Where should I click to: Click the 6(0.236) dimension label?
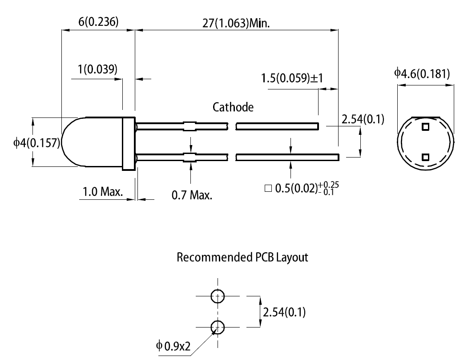[98, 22]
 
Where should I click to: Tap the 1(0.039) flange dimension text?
[97, 69]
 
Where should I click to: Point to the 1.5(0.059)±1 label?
[292, 78]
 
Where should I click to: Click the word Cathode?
[233, 107]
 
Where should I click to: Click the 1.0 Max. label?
[103, 192]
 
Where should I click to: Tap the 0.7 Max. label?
[192, 195]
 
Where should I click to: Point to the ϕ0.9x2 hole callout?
[173, 345]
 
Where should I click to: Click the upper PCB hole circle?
[218, 295]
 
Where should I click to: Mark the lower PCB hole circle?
[218, 327]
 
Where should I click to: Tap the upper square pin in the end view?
[425, 126]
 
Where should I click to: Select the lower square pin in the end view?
[425, 157]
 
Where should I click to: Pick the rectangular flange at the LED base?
[129, 143]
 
